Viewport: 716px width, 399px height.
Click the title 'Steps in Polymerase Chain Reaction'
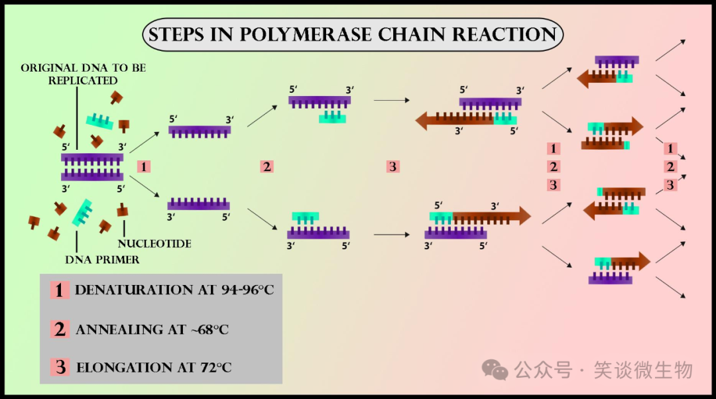click(x=353, y=34)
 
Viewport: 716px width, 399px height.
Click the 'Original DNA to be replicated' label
click(x=83, y=74)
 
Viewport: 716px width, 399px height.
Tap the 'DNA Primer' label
click(x=102, y=259)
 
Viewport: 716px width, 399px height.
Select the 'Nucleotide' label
click(x=155, y=244)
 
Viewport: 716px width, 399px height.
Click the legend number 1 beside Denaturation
click(x=60, y=290)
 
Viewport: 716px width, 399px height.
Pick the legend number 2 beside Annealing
click(x=60, y=329)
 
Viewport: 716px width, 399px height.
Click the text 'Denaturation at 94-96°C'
click(x=174, y=290)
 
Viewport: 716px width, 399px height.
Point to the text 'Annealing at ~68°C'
click(x=152, y=329)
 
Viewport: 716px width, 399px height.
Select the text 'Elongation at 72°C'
click(x=154, y=367)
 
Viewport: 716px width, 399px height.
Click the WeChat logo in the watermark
click(x=495, y=369)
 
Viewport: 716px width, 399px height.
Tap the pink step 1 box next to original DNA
click(x=143, y=166)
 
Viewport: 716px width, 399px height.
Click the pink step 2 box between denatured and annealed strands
click(x=267, y=166)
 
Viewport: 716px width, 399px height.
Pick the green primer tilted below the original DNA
click(x=83, y=211)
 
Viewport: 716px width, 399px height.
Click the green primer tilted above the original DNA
click(x=99, y=120)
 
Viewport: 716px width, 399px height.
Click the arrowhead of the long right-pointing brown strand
click(x=523, y=216)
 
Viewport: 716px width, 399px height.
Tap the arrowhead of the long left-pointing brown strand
click(x=424, y=120)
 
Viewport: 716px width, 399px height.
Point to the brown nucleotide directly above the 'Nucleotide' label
click(x=122, y=211)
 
